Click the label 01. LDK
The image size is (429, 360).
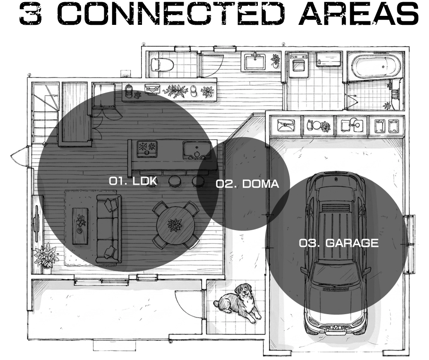pos(133,181)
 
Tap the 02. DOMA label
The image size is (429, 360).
pos(248,184)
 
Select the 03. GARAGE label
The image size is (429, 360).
pos(338,243)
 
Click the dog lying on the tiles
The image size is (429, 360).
pos(238,303)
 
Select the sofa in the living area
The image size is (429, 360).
pos(109,229)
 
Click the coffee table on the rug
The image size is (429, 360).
pos(80,226)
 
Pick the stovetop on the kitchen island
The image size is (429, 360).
pos(147,149)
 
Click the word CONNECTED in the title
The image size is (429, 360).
pos(171,14)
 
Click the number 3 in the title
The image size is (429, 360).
pos(30,14)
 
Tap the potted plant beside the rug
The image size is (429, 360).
pos(45,257)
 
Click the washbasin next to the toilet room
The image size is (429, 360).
pos(255,62)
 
